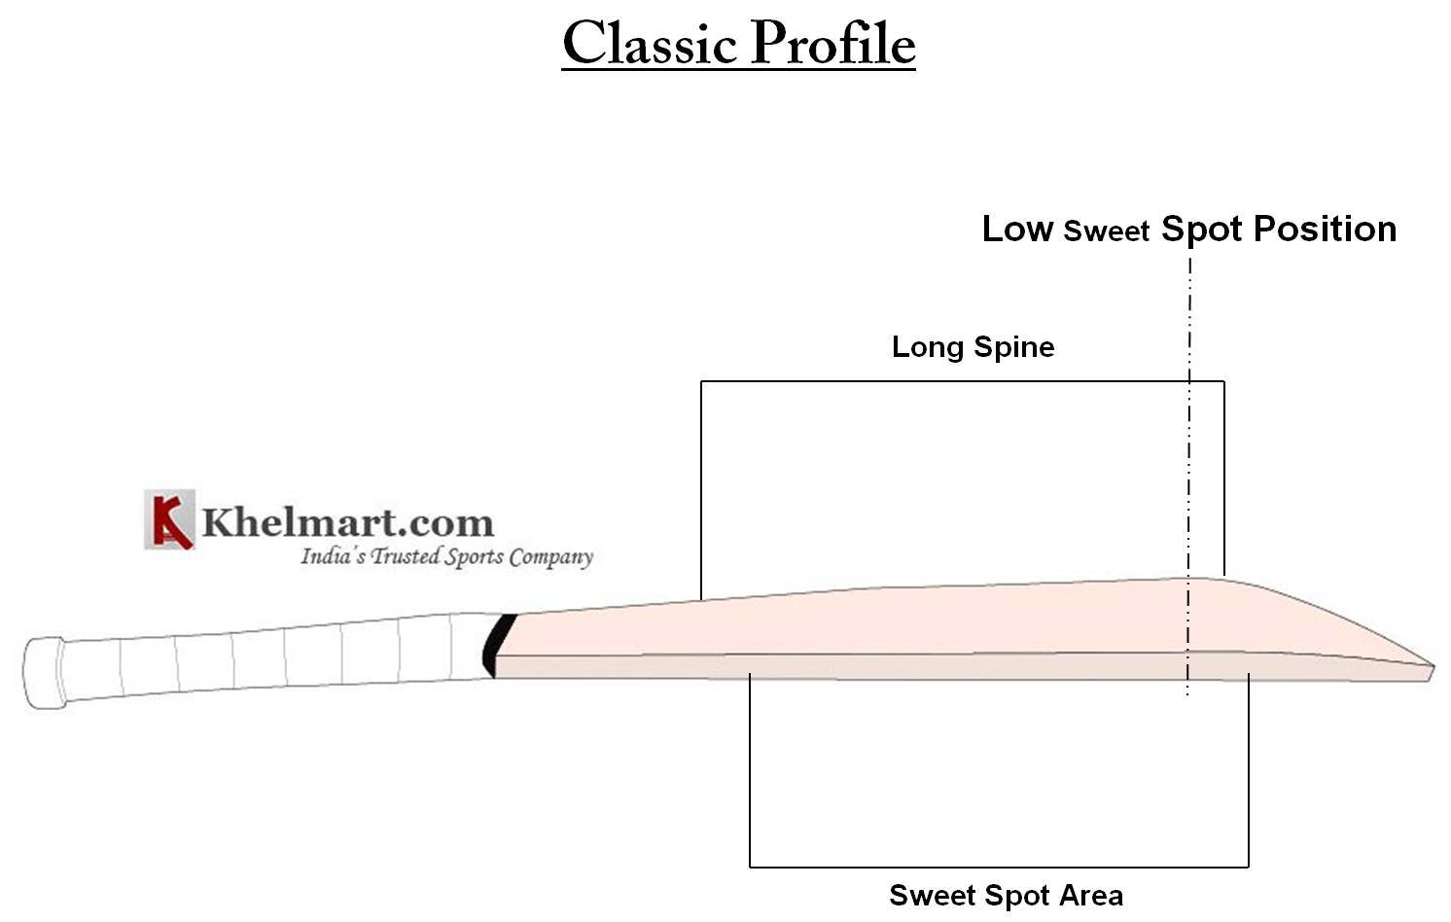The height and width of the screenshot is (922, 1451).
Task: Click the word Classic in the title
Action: [649, 45]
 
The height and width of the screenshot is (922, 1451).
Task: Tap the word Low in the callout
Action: [1017, 230]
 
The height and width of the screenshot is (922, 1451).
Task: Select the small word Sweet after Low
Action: [1106, 232]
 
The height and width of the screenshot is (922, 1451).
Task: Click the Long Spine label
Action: [973, 347]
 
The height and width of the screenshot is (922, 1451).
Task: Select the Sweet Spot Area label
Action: [1006, 896]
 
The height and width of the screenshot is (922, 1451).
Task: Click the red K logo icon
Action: [169, 519]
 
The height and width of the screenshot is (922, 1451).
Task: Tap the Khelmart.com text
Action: [347, 522]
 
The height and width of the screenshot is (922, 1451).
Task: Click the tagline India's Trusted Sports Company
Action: [445, 557]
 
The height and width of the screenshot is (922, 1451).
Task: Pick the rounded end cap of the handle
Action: [43, 672]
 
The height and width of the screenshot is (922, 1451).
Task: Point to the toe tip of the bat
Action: [1430, 672]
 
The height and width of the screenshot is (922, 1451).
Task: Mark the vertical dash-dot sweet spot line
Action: [1188, 467]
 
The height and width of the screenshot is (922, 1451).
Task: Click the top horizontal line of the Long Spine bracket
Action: [963, 381]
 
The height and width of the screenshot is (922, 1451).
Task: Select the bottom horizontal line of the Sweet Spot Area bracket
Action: [999, 866]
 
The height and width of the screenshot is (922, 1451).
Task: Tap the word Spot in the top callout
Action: [1202, 230]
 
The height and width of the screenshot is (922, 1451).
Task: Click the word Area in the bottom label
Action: [1093, 896]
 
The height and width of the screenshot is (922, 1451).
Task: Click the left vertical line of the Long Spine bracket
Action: [701, 486]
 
